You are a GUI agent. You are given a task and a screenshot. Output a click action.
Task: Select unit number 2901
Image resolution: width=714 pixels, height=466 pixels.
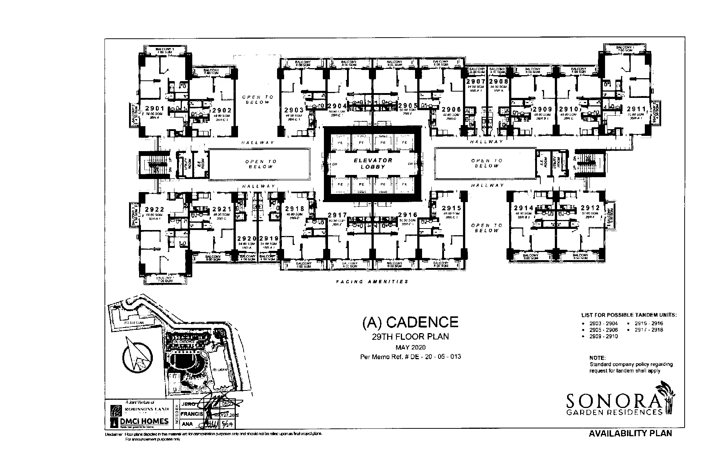[155, 108]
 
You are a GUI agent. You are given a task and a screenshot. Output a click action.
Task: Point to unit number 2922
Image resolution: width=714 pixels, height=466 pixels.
[155, 210]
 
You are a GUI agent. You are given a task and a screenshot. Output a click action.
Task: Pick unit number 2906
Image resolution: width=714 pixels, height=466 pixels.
[451, 109]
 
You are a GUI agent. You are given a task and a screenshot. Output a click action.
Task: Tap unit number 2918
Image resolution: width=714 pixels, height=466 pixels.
[295, 209]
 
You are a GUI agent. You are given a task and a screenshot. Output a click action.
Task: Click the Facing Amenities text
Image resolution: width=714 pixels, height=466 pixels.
[372, 282]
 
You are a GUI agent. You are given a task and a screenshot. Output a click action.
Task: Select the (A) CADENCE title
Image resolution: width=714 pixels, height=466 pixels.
[410, 322]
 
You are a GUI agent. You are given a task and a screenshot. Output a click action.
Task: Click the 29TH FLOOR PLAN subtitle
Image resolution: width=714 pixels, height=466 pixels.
[410, 337]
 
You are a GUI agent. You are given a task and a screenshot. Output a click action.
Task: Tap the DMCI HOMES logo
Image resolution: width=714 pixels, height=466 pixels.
[140, 421]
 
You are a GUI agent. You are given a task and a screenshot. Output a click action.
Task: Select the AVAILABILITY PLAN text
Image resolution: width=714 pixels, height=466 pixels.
[630, 434]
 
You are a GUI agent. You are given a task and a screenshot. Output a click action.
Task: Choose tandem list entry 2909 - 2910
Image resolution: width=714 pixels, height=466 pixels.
[603, 336]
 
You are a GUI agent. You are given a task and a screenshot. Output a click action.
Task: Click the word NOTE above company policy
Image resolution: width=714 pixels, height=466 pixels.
[598, 358]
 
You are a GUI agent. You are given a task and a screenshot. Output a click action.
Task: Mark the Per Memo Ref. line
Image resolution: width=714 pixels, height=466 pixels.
[411, 357]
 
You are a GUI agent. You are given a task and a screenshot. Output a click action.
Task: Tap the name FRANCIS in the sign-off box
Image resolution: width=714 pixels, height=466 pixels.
[191, 414]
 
